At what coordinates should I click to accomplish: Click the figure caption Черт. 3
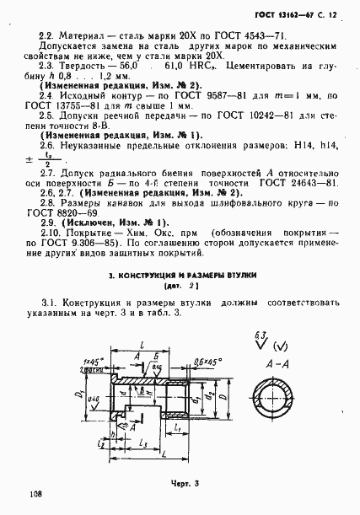[x=179, y=482]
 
